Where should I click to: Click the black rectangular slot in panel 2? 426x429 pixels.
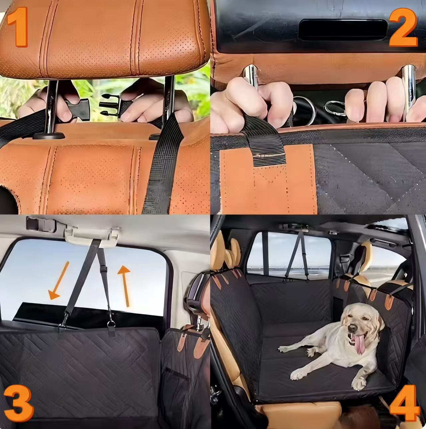pos(343,30)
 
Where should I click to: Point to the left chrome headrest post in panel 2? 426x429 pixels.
pos(251,77)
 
